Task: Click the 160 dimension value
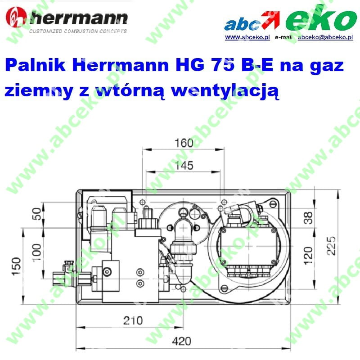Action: point(184,143)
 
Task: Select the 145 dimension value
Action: point(184,165)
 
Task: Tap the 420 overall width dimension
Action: point(181,341)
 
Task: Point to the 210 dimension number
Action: point(133,320)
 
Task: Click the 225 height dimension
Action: point(331,246)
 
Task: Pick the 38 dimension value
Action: point(308,218)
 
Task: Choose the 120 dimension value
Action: point(308,256)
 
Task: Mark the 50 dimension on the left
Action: point(37,214)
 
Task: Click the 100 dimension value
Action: point(37,252)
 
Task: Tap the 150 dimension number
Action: point(16,266)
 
